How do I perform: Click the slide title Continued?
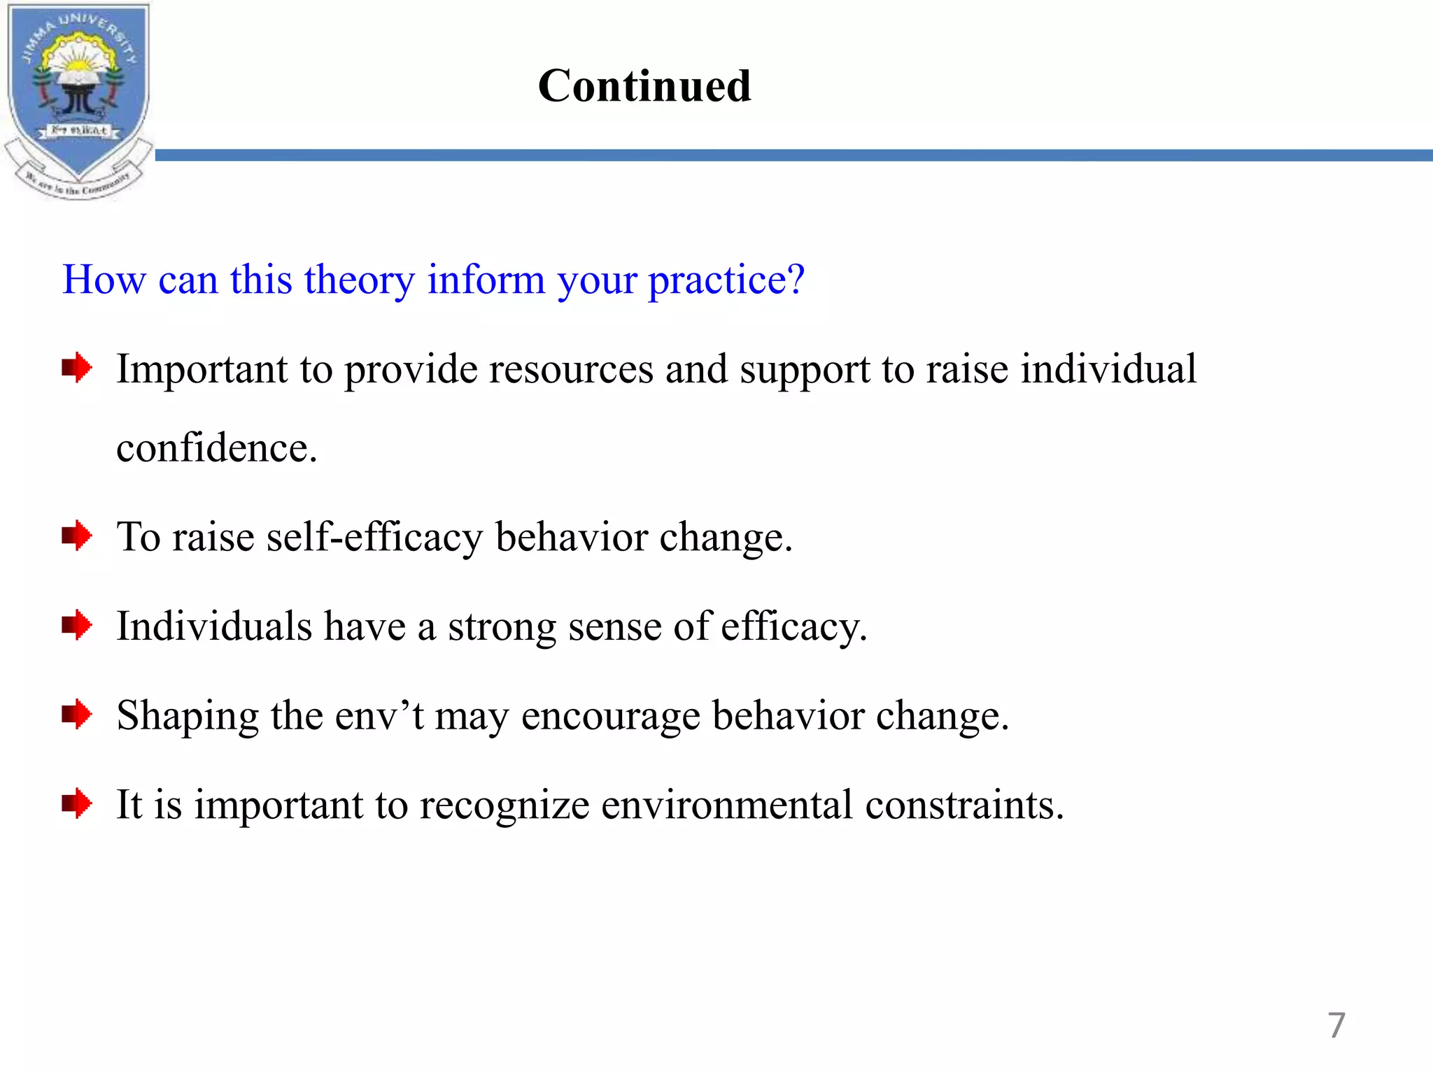(x=644, y=86)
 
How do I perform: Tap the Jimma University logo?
(x=78, y=100)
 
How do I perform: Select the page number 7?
(x=1336, y=1025)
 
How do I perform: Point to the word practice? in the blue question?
(x=726, y=280)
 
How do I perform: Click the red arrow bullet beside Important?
(x=76, y=367)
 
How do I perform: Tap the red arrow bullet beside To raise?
(x=76, y=536)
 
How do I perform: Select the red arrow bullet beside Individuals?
(x=76, y=625)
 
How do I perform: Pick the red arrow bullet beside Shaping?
(x=76, y=715)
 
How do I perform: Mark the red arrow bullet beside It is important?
(x=76, y=803)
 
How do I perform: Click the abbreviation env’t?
(x=379, y=715)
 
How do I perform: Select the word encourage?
(x=610, y=717)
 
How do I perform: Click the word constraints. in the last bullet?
(x=964, y=805)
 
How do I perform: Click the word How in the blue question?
(x=104, y=280)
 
